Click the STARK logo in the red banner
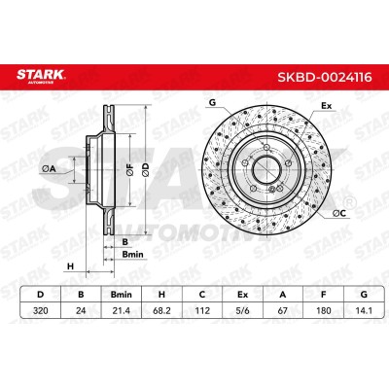41,77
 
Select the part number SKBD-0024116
325,78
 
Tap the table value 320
41,310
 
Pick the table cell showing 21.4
122,310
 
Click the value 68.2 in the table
161,310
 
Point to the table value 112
201,310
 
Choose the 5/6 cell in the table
242,310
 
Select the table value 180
323,310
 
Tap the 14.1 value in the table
364,310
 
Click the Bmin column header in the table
122,295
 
